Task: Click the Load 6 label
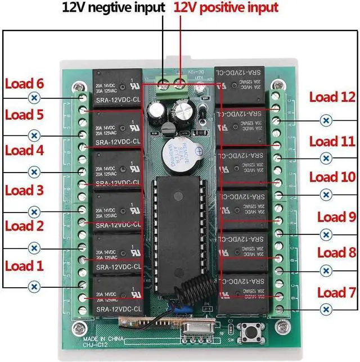(24, 84)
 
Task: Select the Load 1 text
(24, 265)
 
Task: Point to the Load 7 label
(336, 292)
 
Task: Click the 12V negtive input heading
(114, 8)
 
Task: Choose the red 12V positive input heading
(226, 8)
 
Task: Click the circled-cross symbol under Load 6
(34, 98)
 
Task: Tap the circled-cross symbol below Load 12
(325, 120)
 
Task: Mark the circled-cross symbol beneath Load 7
(325, 309)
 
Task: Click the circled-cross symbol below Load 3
(34, 212)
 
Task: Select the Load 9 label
(336, 216)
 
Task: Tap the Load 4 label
(24, 151)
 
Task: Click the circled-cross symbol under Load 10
(325, 194)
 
